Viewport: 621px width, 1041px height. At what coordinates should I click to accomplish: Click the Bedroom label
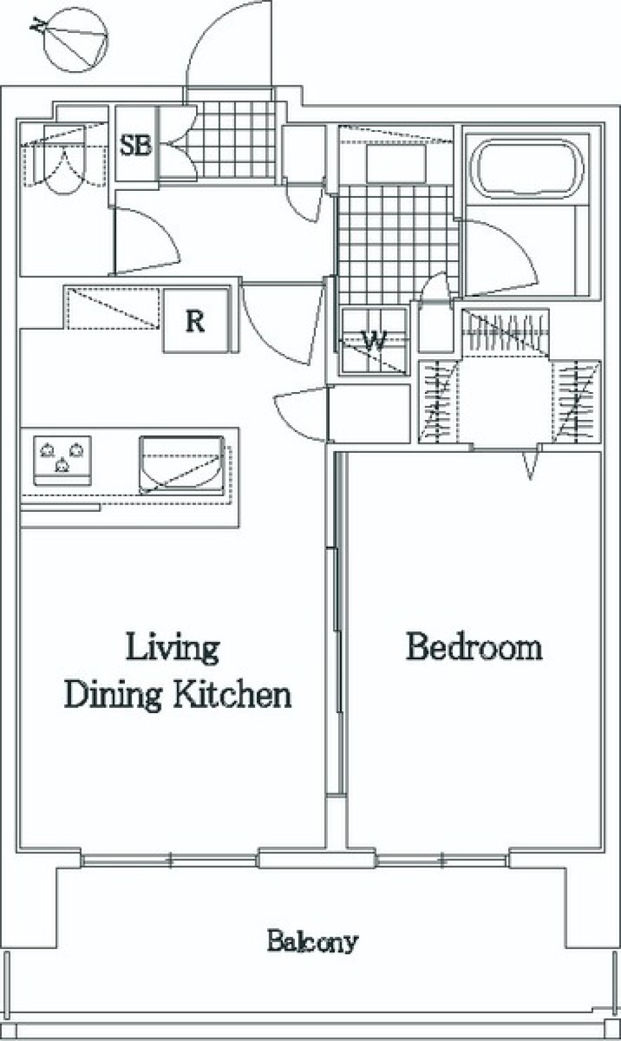coord(474,647)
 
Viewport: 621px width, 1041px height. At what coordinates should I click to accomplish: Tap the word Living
coord(172,649)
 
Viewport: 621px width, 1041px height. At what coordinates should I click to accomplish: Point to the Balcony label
coord(312,942)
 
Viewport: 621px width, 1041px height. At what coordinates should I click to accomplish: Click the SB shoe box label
coord(135,145)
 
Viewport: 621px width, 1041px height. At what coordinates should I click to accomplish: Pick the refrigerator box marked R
coord(196,320)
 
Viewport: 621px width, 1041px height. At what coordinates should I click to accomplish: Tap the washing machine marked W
coord(374,341)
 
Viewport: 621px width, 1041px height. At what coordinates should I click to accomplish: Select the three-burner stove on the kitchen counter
coord(62,461)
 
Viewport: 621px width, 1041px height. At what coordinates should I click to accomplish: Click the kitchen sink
coord(182,465)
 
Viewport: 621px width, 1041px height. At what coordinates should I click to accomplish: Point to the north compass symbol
coord(74,42)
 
